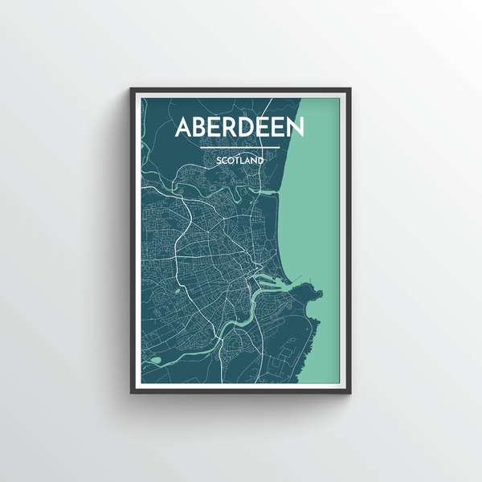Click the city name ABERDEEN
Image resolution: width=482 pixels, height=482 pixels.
239,129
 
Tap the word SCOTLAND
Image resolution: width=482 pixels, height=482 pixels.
239,161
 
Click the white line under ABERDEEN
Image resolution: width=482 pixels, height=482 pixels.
239,148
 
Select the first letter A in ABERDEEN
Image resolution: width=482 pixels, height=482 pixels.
184,129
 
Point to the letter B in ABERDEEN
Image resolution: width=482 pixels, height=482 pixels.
202,129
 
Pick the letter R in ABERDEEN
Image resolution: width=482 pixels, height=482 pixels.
231,129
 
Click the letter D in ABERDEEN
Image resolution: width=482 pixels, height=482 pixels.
248,129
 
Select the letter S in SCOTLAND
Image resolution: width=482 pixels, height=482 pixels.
218,161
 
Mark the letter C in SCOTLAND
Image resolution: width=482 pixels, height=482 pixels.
224,161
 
